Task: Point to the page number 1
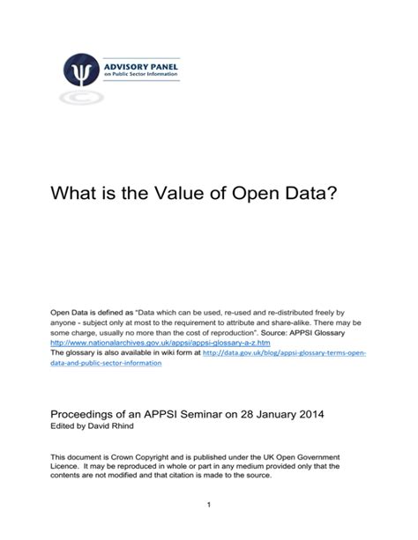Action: pos(208,504)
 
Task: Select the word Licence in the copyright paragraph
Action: pos(66,468)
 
